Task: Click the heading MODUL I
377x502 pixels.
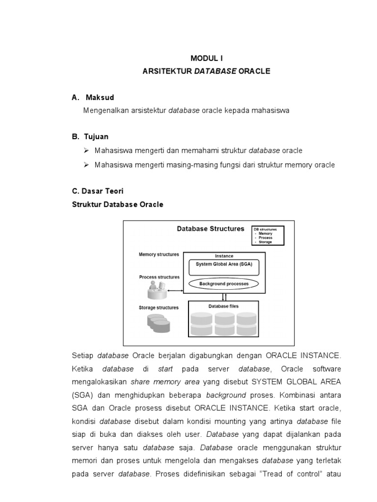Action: pyautogui.click(x=206, y=58)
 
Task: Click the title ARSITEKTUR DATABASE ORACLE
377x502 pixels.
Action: pyautogui.click(x=206, y=71)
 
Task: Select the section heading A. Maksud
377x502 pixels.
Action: pyautogui.click(x=93, y=98)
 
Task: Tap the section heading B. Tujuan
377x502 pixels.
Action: pyautogui.click(x=90, y=136)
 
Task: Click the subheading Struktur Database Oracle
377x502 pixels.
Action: pyautogui.click(x=117, y=204)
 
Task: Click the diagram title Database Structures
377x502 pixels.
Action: pyautogui.click(x=210, y=229)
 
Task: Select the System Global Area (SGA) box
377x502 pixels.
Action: pyautogui.click(x=224, y=264)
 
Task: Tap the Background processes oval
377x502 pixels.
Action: pyautogui.click(x=224, y=283)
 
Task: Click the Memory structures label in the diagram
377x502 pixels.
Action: pyautogui.click(x=159, y=254)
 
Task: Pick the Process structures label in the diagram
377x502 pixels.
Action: pyautogui.click(x=159, y=277)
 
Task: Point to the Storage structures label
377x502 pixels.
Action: pyautogui.click(x=159, y=307)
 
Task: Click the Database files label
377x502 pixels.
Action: pyautogui.click(x=223, y=306)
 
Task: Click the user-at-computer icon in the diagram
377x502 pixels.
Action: pyautogui.click(x=157, y=291)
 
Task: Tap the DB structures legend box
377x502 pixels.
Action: pyautogui.click(x=268, y=235)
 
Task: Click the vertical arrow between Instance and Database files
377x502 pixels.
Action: pyautogui.click(x=224, y=297)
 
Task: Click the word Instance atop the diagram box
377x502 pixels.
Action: pyautogui.click(x=224, y=256)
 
